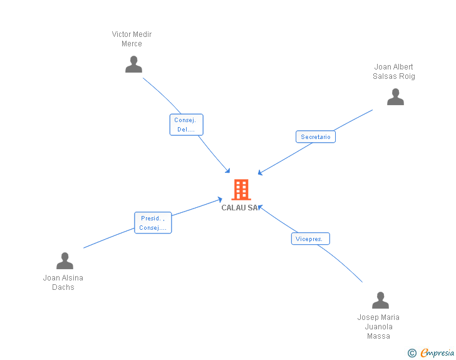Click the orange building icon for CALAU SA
(x=241, y=190)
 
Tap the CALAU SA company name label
(x=239, y=208)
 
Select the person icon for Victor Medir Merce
(x=133, y=64)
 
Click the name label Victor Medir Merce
(x=132, y=39)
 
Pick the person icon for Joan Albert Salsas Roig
(x=395, y=97)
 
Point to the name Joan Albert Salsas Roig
(x=394, y=71)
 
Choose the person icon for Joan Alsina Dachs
(x=65, y=260)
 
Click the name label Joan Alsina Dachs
(x=63, y=282)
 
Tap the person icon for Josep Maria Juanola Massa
(x=380, y=301)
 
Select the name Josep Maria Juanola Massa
(x=378, y=327)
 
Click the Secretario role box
(x=315, y=137)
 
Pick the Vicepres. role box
(x=310, y=239)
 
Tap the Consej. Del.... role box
(x=186, y=125)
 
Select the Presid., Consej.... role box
(x=153, y=223)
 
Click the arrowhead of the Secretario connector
(x=260, y=173)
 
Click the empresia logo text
(x=437, y=352)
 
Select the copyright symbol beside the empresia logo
(x=412, y=353)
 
